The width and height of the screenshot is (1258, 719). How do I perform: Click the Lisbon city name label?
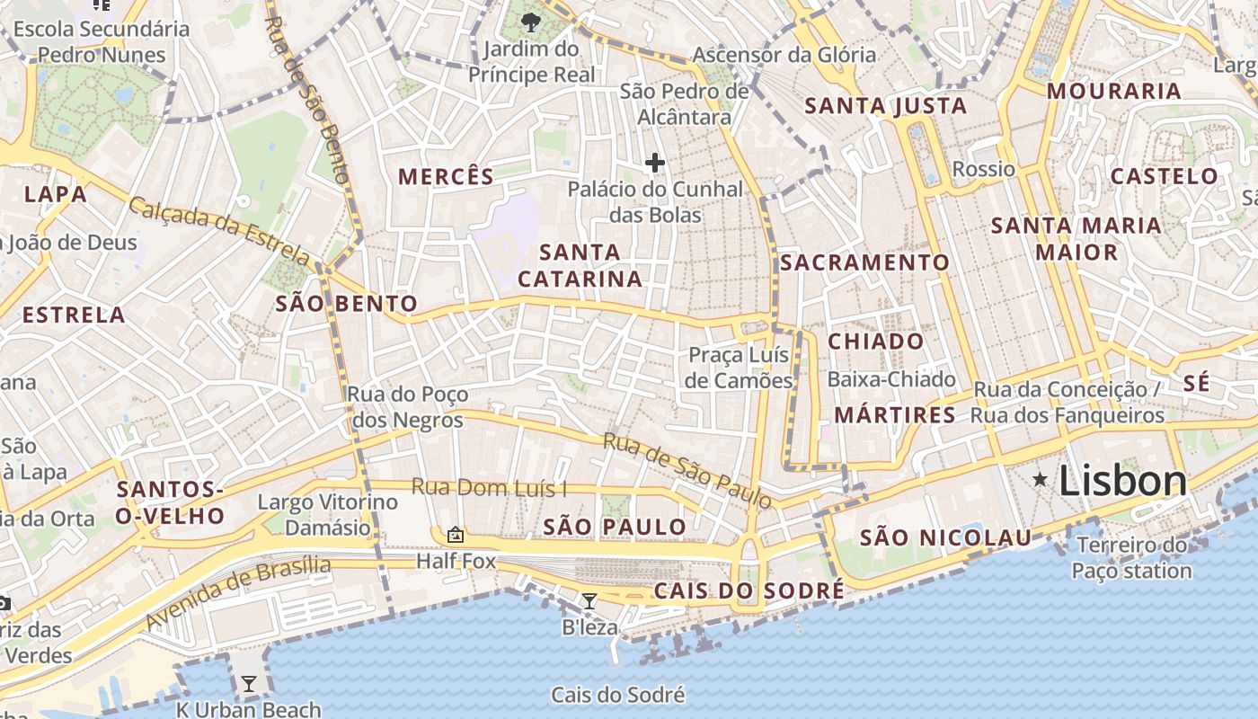point(1122,482)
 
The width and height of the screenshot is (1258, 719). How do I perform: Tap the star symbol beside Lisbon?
point(1041,480)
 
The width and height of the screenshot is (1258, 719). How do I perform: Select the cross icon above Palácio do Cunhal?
point(655,163)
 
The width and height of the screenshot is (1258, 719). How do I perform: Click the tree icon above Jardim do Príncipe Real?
point(531,21)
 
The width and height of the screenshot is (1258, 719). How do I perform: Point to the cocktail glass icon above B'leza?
point(589,601)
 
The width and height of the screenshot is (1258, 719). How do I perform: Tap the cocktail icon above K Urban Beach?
point(248,684)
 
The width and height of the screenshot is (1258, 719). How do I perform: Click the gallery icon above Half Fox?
point(456,535)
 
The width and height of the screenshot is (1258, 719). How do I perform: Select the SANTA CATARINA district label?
point(580,265)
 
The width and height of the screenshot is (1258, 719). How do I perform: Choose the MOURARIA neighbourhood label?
point(1113,92)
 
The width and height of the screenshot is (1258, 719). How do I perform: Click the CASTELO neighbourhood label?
point(1164,176)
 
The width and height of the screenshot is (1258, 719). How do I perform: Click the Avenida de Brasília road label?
point(238,593)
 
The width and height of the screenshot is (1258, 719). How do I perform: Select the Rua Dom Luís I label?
point(490,488)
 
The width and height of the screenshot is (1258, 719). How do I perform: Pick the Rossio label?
point(983,169)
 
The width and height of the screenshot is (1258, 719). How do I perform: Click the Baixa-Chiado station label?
point(891,379)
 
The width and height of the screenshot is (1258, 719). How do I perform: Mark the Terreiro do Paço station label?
point(1132,558)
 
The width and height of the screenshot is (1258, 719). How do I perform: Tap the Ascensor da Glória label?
point(784,55)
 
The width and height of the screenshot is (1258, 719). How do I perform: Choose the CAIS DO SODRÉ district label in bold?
point(749,590)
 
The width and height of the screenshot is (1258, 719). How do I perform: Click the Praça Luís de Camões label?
point(739,368)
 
